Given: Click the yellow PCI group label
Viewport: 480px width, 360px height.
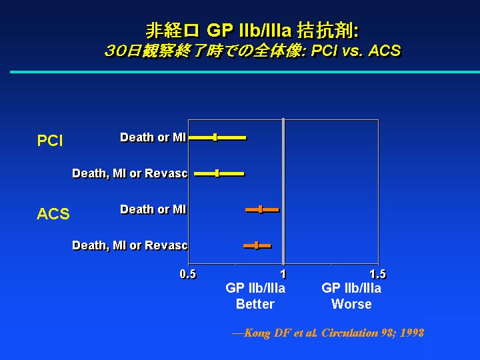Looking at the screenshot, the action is click(x=50, y=141).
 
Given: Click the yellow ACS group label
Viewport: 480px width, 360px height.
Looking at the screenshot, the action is click(x=53, y=214).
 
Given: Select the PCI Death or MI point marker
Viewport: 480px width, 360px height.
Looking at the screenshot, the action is click(x=215, y=137).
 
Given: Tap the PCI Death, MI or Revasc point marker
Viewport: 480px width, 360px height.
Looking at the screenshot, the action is click(x=217, y=173).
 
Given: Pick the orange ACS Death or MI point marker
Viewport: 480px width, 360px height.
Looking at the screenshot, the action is click(x=260, y=210).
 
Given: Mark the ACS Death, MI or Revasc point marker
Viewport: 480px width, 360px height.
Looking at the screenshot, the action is click(x=257, y=245).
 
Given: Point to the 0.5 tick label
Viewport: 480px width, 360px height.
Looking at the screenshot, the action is click(x=187, y=274).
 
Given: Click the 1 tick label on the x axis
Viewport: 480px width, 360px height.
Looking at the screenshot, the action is click(x=283, y=274).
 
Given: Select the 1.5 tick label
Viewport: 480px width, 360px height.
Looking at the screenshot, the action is click(x=378, y=274).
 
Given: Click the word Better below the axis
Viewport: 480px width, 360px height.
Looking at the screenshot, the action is click(x=255, y=304).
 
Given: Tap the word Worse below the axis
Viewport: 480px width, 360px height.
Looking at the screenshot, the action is click(x=351, y=304).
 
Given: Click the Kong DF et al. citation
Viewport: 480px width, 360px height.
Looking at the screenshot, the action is click(x=328, y=333).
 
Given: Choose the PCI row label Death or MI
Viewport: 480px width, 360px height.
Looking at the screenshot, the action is click(x=153, y=137).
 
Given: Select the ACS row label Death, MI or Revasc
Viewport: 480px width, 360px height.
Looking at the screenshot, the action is click(x=130, y=245).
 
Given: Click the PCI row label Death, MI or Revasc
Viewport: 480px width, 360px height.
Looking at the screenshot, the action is click(x=130, y=173).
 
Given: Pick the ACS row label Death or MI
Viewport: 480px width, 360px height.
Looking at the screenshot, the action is click(x=153, y=210).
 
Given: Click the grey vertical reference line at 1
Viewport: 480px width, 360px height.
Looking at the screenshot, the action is click(x=283, y=191).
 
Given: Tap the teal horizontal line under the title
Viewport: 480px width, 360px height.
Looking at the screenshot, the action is click(x=245, y=72).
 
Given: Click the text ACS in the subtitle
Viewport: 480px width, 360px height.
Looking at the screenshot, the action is click(x=385, y=51).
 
